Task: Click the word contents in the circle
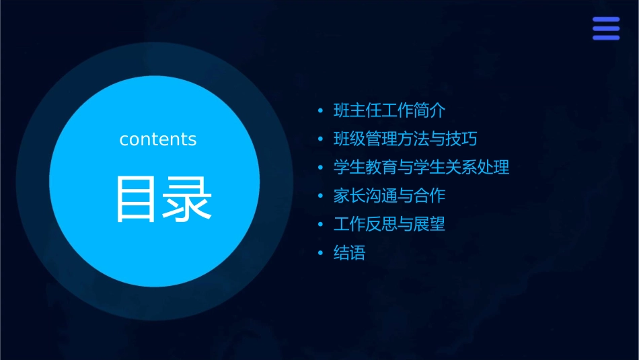158,139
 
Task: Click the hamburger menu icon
606,28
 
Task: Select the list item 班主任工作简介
389,110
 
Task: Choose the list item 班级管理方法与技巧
406,139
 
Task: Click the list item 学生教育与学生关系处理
422,168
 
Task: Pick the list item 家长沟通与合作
389,196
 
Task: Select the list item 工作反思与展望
389,224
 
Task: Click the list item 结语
350,254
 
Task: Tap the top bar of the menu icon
606,20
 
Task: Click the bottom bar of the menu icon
606,38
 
